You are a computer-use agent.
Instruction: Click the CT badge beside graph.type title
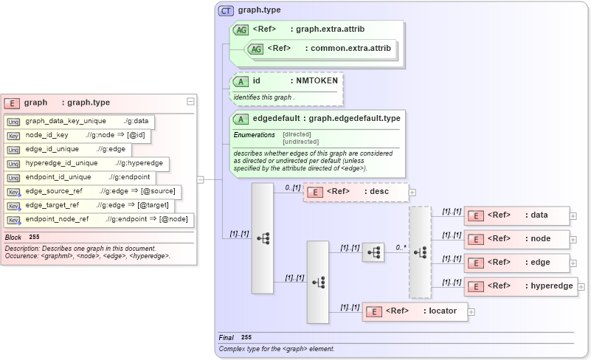click(226, 11)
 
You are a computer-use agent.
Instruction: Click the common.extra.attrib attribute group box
click(322, 49)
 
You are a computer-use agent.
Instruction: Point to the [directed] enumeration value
click(297, 135)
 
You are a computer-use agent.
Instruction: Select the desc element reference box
click(355, 192)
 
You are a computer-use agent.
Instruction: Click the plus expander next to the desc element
click(412, 193)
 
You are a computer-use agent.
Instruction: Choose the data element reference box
click(516, 215)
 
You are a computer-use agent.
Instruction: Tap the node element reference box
click(516, 238)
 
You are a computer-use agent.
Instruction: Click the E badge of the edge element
click(477, 263)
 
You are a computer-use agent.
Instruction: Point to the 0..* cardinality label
click(401, 248)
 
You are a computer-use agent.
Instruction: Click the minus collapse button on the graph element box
click(190, 102)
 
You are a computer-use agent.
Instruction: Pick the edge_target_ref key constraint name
click(52, 205)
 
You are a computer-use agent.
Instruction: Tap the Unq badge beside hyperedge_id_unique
click(13, 163)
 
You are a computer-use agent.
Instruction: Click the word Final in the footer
click(226, 337)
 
